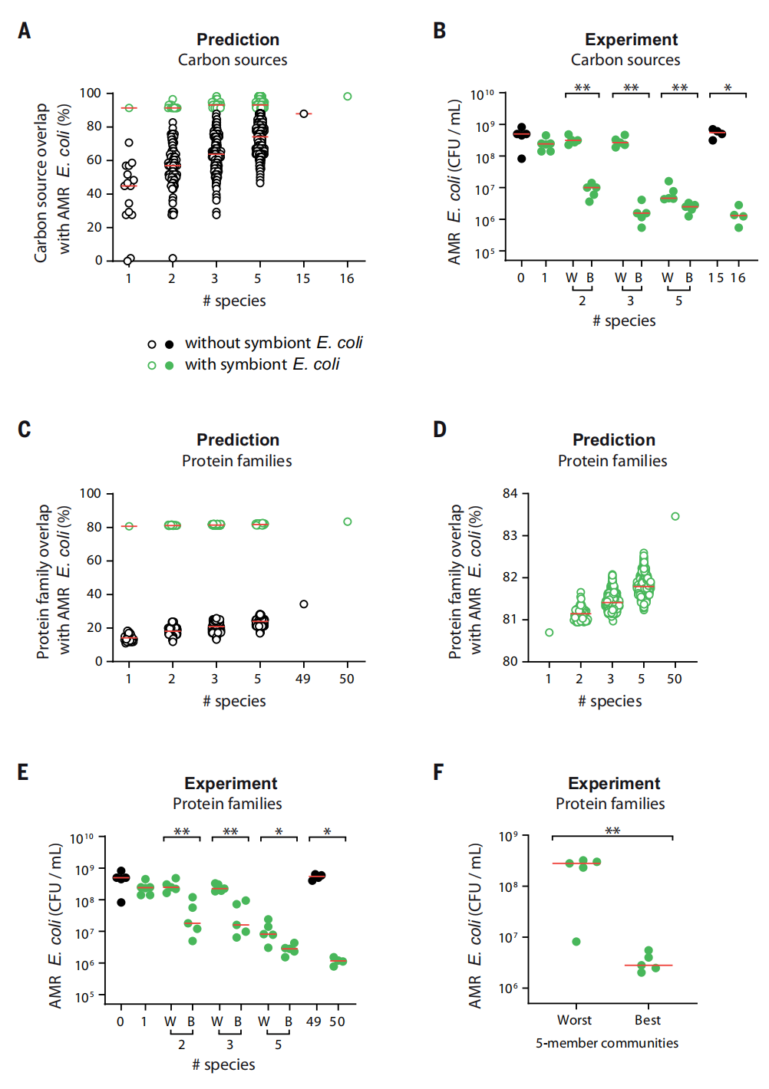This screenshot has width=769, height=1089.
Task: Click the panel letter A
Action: point(25,31)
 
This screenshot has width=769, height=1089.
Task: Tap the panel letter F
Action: point(438,772)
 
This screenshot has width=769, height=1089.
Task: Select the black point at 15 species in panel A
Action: point(304,114)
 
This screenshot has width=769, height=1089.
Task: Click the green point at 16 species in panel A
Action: point(348,97)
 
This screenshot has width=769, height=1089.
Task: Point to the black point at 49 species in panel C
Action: point(304,604)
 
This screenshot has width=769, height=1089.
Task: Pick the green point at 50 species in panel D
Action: point(675,516)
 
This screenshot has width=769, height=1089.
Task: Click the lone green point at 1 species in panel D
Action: point(550,633)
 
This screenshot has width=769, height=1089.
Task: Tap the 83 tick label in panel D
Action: point(510,535)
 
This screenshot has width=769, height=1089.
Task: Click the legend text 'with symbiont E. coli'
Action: point(262,364)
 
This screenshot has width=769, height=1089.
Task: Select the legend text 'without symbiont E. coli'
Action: point(273,343)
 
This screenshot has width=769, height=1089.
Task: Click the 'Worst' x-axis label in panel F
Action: point(574,1020)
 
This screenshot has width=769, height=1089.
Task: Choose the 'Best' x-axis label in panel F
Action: point(648,1020)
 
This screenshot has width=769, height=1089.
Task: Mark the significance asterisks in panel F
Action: point(612,831)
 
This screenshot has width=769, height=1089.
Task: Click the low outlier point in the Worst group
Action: point(576,942)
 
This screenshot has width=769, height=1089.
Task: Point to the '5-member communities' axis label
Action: point(607,1043)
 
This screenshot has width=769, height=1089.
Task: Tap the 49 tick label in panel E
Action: point(314,1022)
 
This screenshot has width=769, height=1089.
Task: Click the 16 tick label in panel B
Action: point(738,278)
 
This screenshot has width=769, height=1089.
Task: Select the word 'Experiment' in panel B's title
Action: point(631,40)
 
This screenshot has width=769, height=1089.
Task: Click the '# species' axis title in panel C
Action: point(234,701)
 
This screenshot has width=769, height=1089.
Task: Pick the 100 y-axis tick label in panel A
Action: point(91,93)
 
